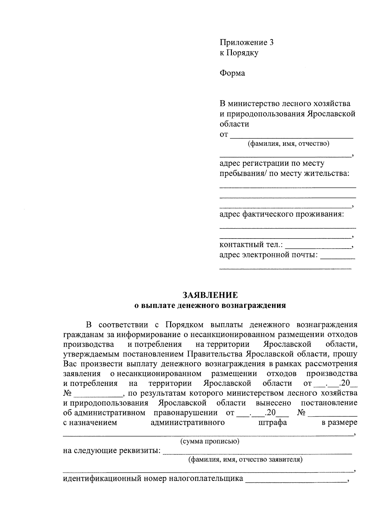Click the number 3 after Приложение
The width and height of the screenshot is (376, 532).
point(271,43)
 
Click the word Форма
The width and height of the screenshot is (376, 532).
point(232,73)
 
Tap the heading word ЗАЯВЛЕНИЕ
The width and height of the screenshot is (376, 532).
point(210,295)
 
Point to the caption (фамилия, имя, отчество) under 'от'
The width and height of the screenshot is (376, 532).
point(289,144)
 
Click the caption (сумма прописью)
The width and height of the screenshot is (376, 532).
point(210,441)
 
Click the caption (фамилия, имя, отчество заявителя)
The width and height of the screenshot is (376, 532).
point(245,460)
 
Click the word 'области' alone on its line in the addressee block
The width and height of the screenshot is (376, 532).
point(234,124)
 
